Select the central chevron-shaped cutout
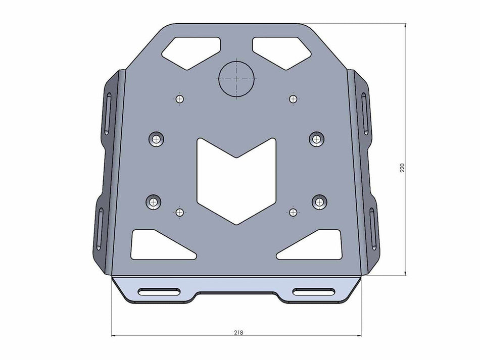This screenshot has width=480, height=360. (x=237, y=179)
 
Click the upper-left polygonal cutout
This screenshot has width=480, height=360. (x=191, y=51)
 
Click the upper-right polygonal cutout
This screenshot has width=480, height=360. (x=281, y=51)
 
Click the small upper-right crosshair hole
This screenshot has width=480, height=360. (x=293, y=98)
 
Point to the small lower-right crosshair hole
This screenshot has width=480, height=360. (x=293, y=212)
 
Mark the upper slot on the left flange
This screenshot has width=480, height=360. (x=108, y=111)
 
